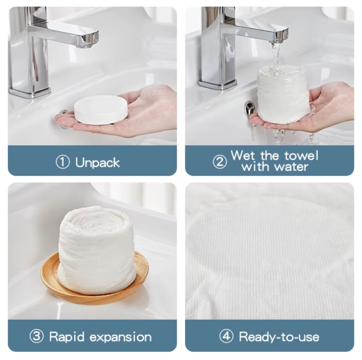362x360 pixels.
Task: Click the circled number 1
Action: coord(63,162)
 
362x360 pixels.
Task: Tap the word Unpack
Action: coord(97,163)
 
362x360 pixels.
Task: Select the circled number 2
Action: coord(220,162)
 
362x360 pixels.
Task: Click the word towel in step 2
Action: coord(301,155)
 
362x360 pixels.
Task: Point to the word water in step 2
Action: coord(292,166)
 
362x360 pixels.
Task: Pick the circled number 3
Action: coord(37,336)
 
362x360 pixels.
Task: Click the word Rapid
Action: coord(67,337)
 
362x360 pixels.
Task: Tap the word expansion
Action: coord(120,337)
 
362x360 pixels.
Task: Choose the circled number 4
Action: coord(226,336)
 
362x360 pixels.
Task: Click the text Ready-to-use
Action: coord(279,337)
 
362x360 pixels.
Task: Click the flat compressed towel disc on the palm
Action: coord(101,109)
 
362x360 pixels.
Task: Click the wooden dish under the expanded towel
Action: coord(95,278)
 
